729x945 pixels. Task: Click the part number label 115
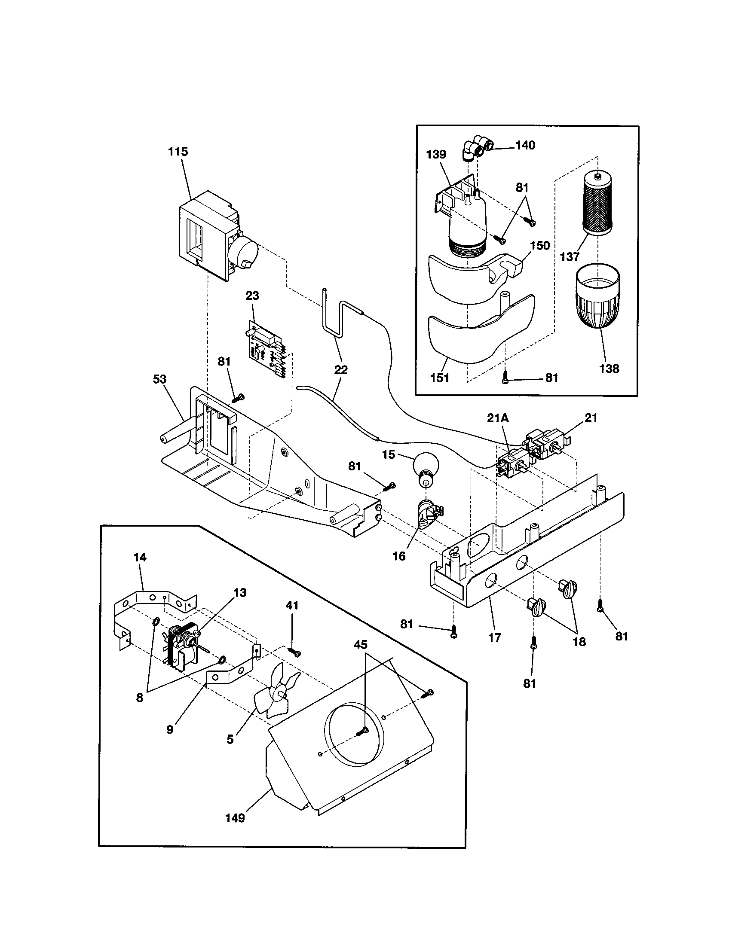point(178,152)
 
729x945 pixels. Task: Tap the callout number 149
point(235,818)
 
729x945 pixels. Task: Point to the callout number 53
point(160,379)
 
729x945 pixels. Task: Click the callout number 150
point(540,245)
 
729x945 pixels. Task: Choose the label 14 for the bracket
point(140,557)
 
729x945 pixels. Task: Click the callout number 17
point(494,637)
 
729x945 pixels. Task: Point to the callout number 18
point(579,642)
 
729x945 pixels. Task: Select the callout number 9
point(170,729)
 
